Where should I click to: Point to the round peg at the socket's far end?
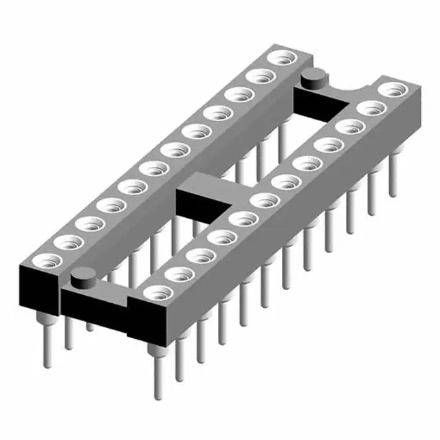pyautogui.click(x=314, y=77)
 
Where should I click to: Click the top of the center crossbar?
pyautogui.click(x=206, y=184)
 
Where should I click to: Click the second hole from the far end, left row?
pyautogui.click(x=259, y=76)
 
